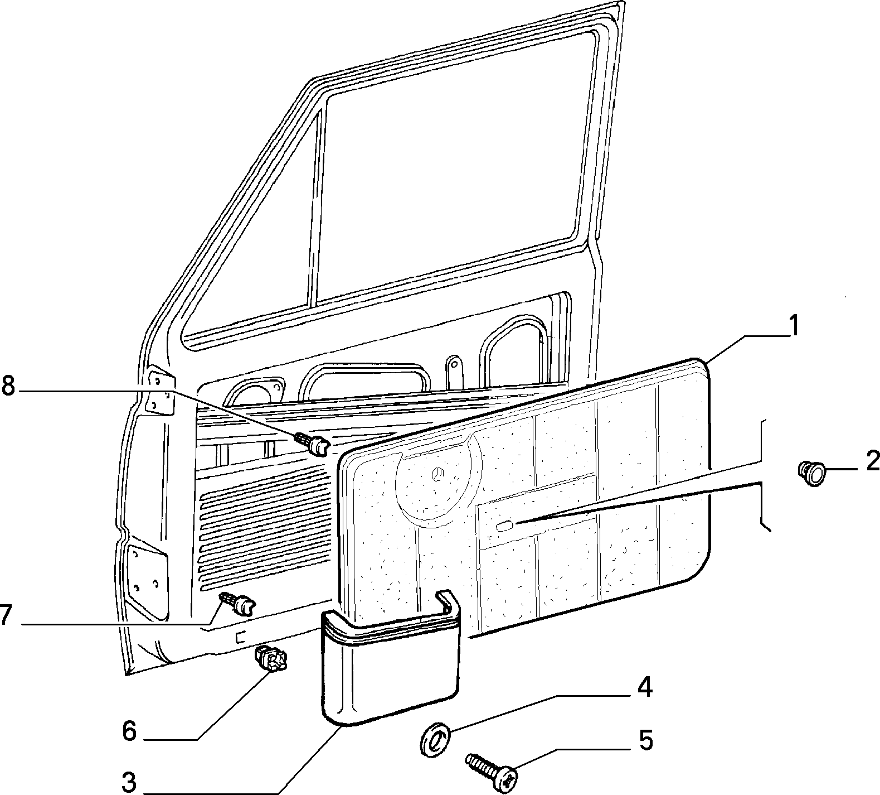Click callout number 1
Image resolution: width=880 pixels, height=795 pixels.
click(x=794, y=326)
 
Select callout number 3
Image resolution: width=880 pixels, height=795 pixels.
click(x=129, y=783)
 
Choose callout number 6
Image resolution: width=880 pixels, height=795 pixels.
click(x=129, y=730)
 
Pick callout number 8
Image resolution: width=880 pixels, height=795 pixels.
click(x=8, y=386)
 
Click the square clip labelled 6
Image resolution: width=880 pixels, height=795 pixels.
click(x=271, y=659)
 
